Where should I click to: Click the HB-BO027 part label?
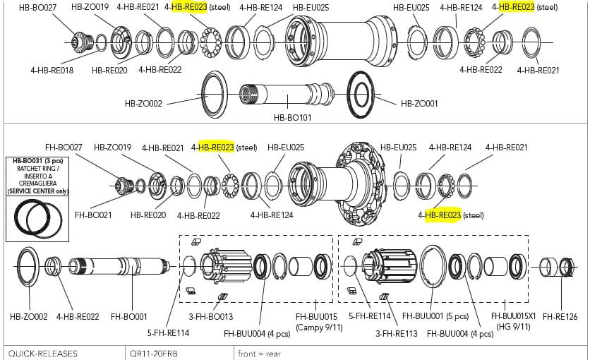37,7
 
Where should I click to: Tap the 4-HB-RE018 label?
52,71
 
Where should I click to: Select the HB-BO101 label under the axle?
292,118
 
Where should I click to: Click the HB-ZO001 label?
419,104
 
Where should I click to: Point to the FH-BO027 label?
64,147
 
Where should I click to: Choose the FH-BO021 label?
93,215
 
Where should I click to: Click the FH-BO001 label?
128,317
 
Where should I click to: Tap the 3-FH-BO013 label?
211,317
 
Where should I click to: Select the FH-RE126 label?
560,317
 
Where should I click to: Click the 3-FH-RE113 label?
397,333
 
